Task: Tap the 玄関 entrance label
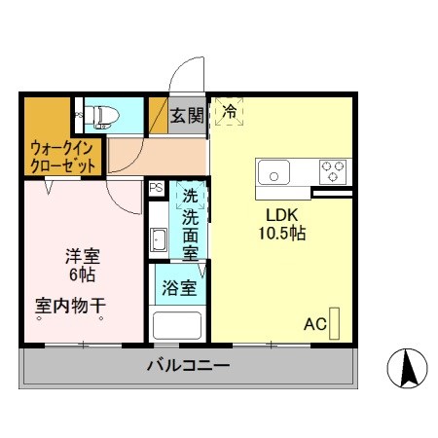coord(188,116)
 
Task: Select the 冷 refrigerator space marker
coord(230,112)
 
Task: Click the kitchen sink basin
coord(275,174)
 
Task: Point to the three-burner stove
coord(333,171)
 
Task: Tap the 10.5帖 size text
coord(283,234)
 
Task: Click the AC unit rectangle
coord(336,323)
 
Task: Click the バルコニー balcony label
coord(188,367)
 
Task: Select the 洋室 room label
coord(83,257)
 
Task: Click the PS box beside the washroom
coord(156,189)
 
